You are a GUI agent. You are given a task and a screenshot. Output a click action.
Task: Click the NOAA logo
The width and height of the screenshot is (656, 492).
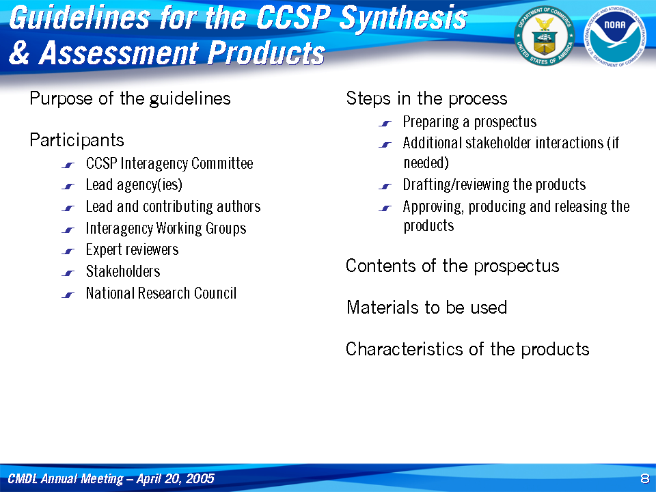[x=614, y=36]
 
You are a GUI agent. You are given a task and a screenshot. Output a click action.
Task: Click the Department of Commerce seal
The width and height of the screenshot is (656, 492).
[x=545, y=36]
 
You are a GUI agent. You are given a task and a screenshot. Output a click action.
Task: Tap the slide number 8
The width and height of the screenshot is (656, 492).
[x=644, y=478]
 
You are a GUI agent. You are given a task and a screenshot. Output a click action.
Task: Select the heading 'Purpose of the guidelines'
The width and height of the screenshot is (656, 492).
[x=130, y=98]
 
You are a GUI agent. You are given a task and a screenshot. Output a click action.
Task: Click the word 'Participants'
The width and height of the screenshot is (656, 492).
[x=77, y=140]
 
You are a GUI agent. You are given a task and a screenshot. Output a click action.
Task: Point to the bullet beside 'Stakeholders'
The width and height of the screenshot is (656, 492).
[x=68, y=273]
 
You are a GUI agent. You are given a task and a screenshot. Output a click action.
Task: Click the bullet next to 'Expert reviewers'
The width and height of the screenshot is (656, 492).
[x=68, y=251]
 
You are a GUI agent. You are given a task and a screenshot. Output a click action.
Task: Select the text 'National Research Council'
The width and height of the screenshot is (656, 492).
[x=161, y=293]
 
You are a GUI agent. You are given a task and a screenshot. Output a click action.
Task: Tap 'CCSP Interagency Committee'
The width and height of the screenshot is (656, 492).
[x=169, y=163]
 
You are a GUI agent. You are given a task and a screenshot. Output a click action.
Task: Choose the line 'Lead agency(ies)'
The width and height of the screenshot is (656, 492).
[x=134, y=185]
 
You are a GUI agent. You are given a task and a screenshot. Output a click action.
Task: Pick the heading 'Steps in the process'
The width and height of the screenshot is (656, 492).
[x=426, y=98]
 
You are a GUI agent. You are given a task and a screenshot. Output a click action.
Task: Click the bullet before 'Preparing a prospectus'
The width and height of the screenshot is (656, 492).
[x=385, y=124]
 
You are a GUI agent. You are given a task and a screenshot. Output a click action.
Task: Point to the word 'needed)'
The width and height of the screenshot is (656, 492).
[x=426, y=163]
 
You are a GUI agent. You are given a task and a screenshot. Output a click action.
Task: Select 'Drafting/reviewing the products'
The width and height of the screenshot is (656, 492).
[x=494, y=184]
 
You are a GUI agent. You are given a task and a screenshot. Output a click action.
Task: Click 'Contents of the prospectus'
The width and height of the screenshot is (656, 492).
[x=452, y=266]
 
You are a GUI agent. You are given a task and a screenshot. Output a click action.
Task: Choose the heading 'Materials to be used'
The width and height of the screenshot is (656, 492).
[x=426, y=307]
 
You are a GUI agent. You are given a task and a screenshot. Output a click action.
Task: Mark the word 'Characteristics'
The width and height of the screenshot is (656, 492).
[x=405, y=349]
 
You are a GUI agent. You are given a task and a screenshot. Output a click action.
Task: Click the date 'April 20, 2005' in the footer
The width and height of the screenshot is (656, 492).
[x=176, y=478]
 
